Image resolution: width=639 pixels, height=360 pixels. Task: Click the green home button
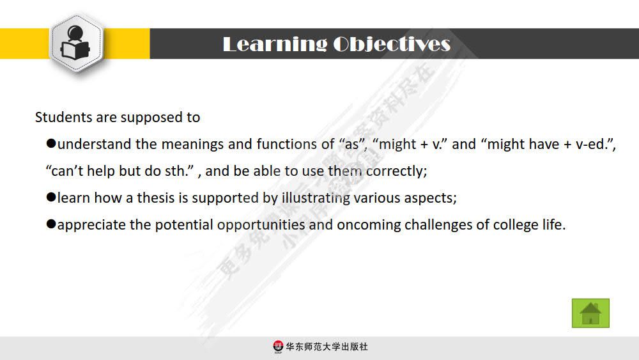coord(590,313)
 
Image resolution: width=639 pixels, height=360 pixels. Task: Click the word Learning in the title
coord(274,44)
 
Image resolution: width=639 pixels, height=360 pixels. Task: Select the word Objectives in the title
coord(392,44)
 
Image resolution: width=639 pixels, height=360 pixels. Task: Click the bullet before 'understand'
coord(51,144)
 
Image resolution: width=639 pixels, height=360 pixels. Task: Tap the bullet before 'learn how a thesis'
coord(51,198)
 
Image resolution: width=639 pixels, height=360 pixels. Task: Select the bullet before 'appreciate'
coord(51,224)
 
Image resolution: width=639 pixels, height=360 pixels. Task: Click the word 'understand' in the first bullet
coord(95,145)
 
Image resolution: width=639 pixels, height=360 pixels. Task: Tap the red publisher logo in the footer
coord(278,347)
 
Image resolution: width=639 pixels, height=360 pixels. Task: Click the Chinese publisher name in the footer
coord(327,347)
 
